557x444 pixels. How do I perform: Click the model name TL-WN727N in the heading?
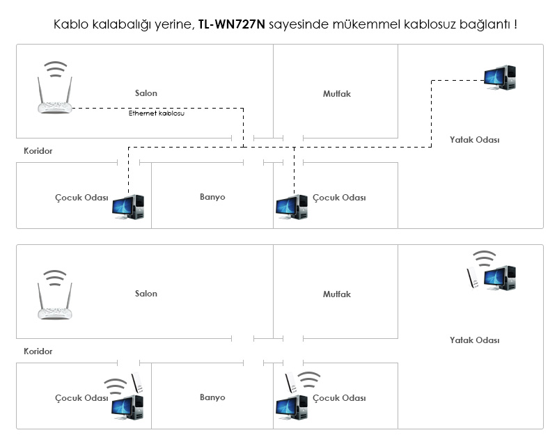tap(232, 24)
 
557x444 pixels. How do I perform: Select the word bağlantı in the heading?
tap(484, 24)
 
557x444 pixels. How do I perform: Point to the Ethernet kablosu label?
tap(157, 113)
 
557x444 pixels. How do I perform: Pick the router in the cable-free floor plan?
tap(54, 302)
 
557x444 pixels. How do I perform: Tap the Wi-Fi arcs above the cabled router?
tap(55, 69)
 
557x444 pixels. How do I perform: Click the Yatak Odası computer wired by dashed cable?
tap(501, 77)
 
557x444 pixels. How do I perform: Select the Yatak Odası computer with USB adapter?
tap(501, 278)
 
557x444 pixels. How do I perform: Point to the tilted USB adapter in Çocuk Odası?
tap(292, 384)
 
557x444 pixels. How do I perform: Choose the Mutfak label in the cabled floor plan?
tap(336, 93)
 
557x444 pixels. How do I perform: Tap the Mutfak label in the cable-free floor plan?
tap(336, 294)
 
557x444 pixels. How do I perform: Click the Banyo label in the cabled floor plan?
tap(212, 197)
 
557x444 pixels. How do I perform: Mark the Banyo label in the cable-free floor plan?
tap(212, 397)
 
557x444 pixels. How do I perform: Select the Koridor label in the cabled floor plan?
tap(38, 150)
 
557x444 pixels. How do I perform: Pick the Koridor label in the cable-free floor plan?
tap(38, 351)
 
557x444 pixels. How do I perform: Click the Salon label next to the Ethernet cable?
tap(146, 93)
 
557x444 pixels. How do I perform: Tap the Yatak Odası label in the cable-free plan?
tap(475, 340)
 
